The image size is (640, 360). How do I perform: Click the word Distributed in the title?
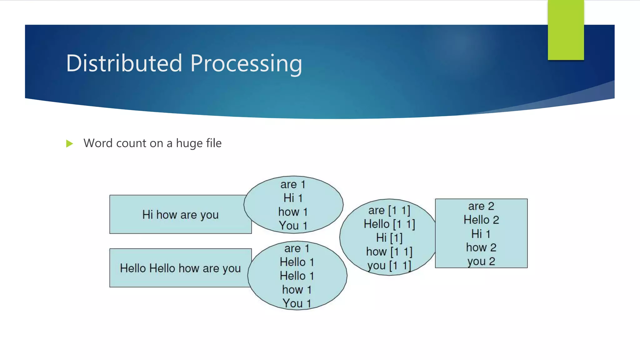pos(124,63)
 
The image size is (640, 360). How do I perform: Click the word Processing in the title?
pos(246,63)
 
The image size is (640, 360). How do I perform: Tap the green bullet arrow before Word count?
pos(69,144)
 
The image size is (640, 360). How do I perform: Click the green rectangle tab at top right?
pos(566,30)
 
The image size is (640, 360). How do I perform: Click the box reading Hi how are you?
pos(180,215)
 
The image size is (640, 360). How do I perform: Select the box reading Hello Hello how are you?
pos(180,268)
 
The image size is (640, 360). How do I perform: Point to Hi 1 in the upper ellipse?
pos(293,198)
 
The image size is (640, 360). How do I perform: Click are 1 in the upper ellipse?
pos(293,184)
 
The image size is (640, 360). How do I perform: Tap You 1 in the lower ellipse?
pos(297,303)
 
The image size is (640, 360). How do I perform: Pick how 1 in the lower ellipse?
pos(297,290)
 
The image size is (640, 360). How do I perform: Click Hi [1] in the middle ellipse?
pos(389,238)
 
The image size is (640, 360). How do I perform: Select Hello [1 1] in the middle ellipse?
pos(389,224)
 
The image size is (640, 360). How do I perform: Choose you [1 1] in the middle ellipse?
pos(389,266)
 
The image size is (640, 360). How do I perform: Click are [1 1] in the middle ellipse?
pos(389,210)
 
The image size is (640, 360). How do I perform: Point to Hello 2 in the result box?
pos(481,220)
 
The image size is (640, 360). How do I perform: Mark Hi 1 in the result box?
pos(481,234)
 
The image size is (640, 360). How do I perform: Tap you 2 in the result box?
pos(481,261)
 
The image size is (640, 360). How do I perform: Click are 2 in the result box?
pos(481,206)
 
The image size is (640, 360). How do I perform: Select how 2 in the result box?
pos(481,247)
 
